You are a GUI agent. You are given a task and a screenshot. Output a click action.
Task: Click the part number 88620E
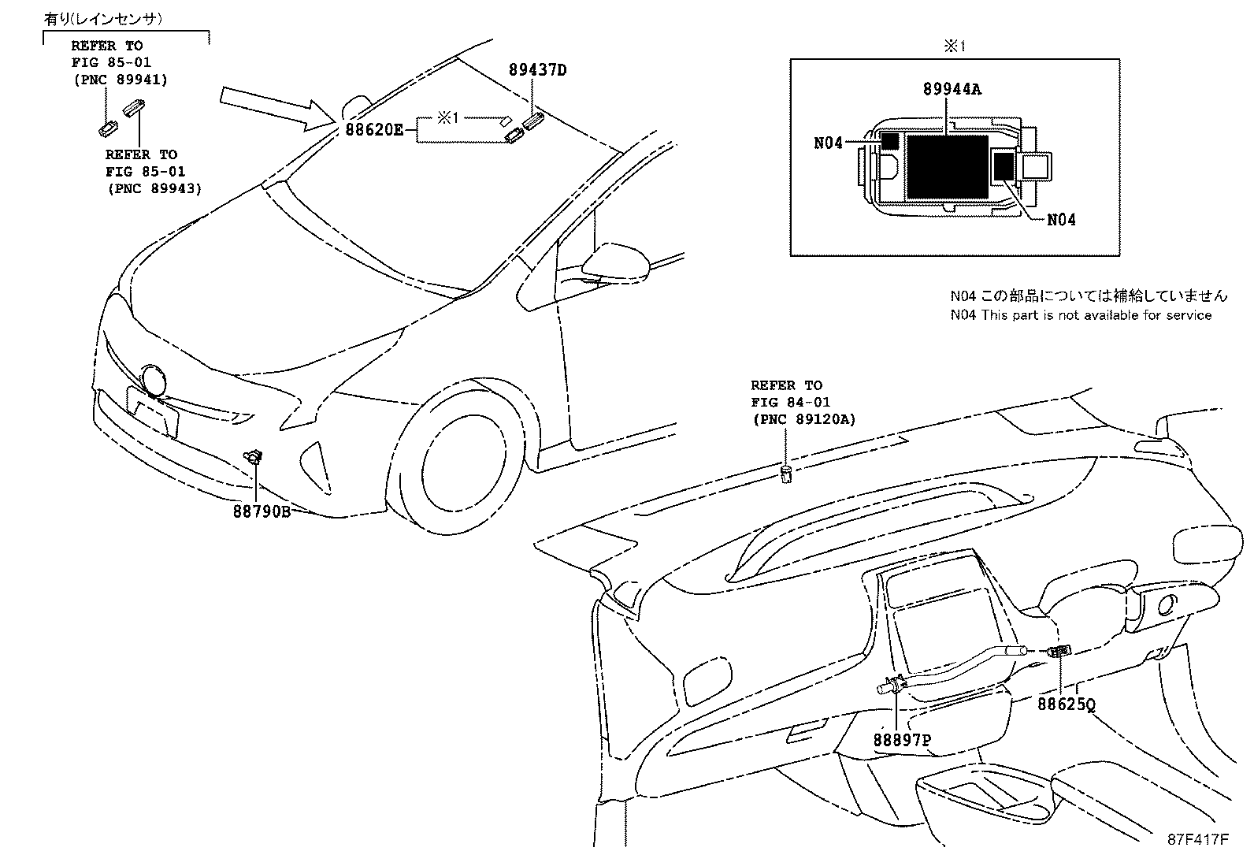click(373, 129)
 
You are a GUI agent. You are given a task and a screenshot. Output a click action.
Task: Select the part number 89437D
click(537, 70)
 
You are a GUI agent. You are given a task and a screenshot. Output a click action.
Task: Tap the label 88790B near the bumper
click(262, 511)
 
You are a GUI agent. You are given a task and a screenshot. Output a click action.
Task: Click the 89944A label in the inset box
click(952, 89)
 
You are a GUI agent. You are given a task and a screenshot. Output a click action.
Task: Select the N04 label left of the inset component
click(828, 143)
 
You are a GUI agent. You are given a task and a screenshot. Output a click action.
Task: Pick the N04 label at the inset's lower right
click(1061, 220)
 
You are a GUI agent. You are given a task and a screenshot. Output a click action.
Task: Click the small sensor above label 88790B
click(254, 455)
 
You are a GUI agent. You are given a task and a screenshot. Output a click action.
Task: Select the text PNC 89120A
click(803, 419)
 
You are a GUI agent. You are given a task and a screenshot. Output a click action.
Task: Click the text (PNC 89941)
click(120, 79)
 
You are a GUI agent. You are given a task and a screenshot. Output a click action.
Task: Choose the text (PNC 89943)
click(154, 188)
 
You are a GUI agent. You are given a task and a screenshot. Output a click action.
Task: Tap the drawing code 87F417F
click(1197, 839)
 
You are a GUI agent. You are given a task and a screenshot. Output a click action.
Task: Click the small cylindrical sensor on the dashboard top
click(785, 474)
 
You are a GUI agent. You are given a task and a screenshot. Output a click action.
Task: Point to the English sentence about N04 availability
click(1080, 315)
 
